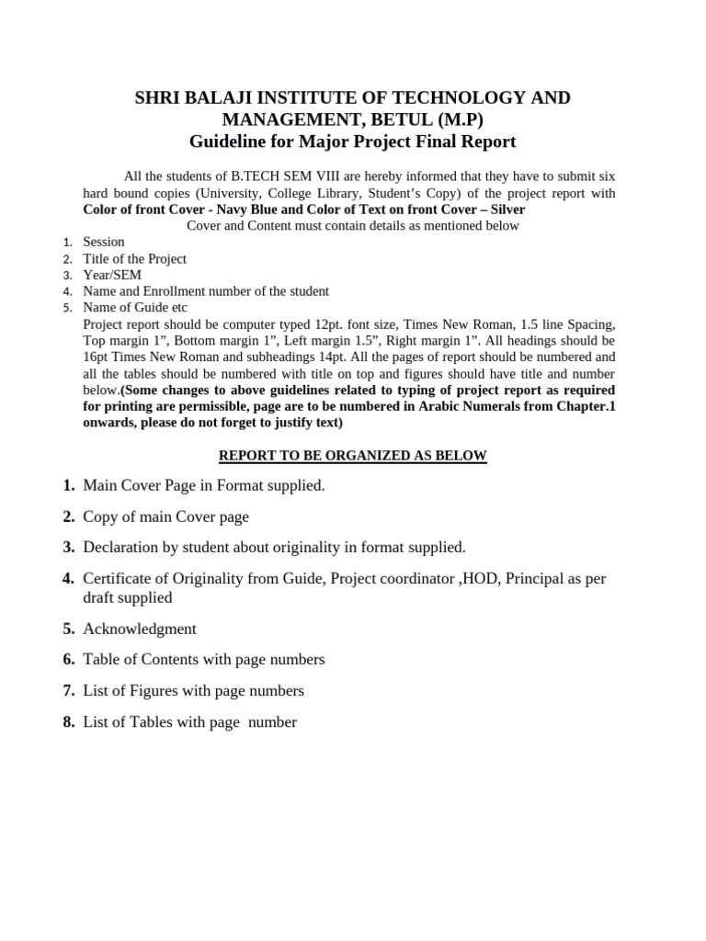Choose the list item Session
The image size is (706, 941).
click(x=104, y=242)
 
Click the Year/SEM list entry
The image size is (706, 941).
click(x=112, y=275)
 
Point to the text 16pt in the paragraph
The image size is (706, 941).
click(x=97, y=357)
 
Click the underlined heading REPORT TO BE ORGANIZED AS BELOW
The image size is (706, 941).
click(x=352, y=456)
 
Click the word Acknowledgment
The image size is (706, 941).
click(x=140, y=629)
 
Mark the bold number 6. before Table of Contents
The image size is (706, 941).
click(x=69, y=660)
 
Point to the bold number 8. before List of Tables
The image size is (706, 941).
click(x=69, y=722)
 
